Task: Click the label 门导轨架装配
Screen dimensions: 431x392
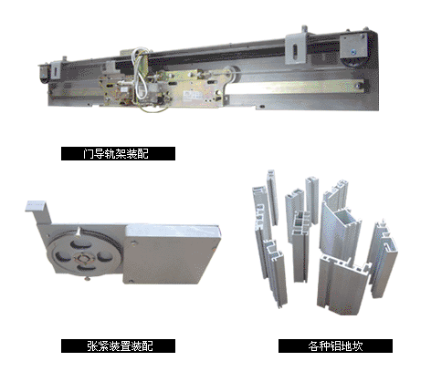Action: tap(116, 153)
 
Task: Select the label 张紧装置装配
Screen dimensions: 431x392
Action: tap(120, 346)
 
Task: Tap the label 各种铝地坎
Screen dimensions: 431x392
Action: tap(335, 346)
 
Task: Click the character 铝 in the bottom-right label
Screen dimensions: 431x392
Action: tap(335, 346)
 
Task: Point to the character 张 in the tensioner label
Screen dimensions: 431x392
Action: tap(92, 346)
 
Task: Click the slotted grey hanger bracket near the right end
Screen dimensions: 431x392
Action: tap(296, 49)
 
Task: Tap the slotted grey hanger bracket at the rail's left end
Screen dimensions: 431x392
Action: tap(56, 70)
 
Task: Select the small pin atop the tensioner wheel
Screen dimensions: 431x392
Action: tap(79, 232)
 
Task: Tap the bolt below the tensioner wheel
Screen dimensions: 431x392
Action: tap(88, 278)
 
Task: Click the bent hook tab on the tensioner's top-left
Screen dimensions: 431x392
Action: tap(37, 209)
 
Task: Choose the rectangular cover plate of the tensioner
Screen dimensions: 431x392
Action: tap(172, 254)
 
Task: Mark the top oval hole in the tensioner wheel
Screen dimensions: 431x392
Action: tap(79, 243)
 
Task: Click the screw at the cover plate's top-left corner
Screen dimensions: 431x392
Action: tap(133, 242)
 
